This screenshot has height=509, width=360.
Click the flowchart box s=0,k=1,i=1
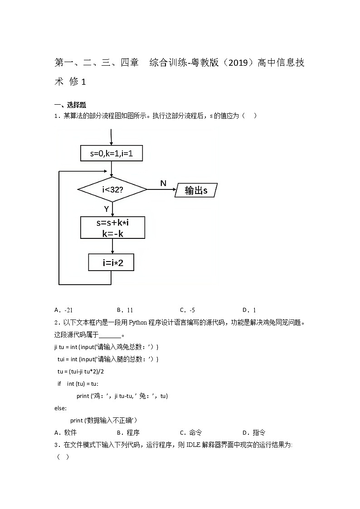(x=112, y=153)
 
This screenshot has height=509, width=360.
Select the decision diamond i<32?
(x=112, y=189)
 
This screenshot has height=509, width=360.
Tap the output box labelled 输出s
(x=196, y=190)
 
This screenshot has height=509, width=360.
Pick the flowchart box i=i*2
(x=111, y=262)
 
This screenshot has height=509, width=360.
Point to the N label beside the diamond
(x=163, y=183)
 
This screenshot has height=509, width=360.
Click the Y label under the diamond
(x=106, y=209)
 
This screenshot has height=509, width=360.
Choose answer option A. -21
(x=63, y=310)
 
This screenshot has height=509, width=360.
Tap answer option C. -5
(x=187, y=310)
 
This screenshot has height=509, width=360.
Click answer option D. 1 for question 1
(x=249, y=310)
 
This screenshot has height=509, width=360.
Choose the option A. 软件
(x=66, y=432)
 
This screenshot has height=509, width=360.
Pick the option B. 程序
(x=128, y=432)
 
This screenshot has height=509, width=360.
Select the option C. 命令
(x=191, y=432)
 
